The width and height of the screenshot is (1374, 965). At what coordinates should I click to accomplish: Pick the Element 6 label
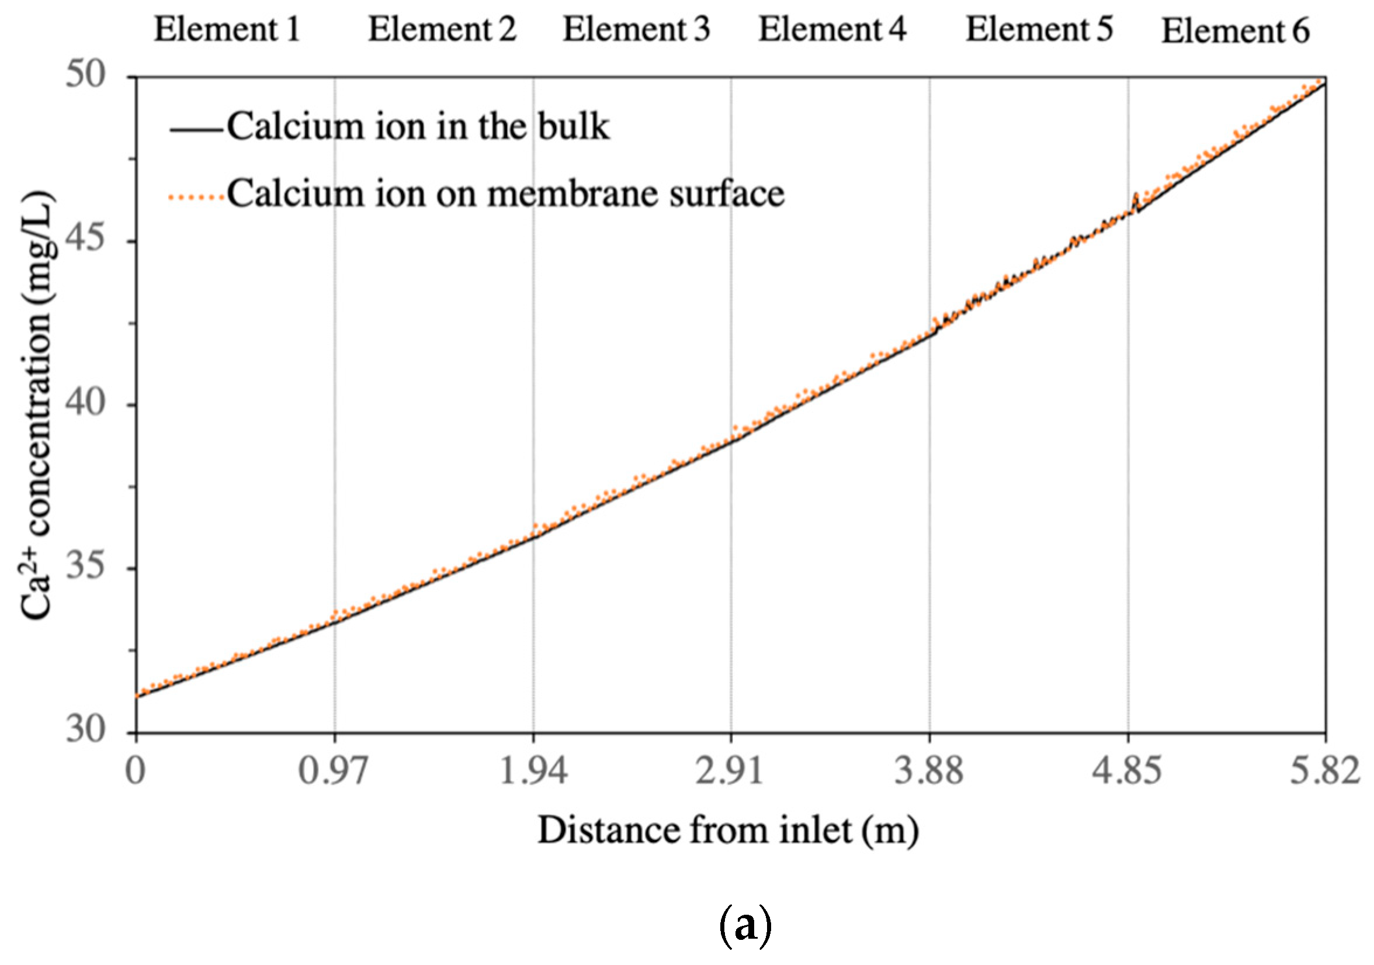click(x=1235, y=32)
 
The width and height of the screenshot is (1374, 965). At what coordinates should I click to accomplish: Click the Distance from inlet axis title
click(x=728, y=831)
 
